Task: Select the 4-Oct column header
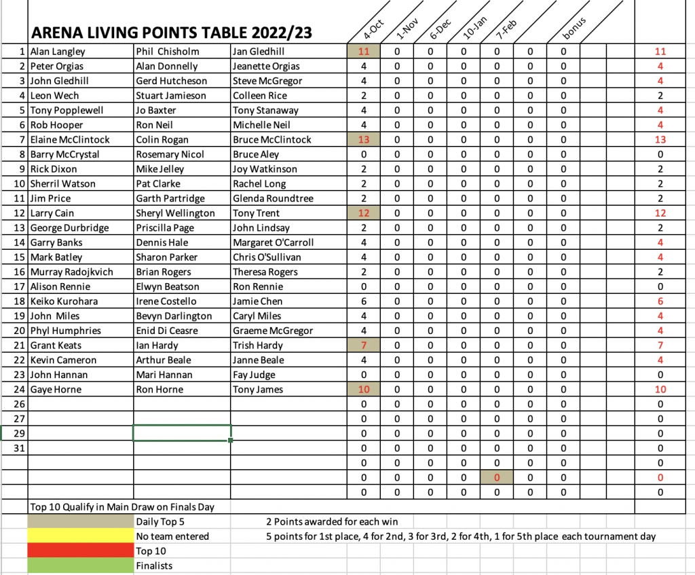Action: (373, 31)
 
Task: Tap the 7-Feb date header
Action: (506, 31)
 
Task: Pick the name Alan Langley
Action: (58, 52)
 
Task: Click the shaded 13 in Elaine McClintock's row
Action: (363, 140)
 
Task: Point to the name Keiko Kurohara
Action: (64, 301)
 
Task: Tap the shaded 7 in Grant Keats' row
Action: (363, 346)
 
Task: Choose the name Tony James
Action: (257, 390)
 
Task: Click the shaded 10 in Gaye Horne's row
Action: (363, 390)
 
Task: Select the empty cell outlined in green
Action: (182, 433)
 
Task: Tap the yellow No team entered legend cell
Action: (81, 536)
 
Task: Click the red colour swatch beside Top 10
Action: (81, 551)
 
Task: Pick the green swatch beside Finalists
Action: (81, 566)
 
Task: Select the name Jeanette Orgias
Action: (265, 67)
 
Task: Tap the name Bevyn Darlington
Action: (174, 316)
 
